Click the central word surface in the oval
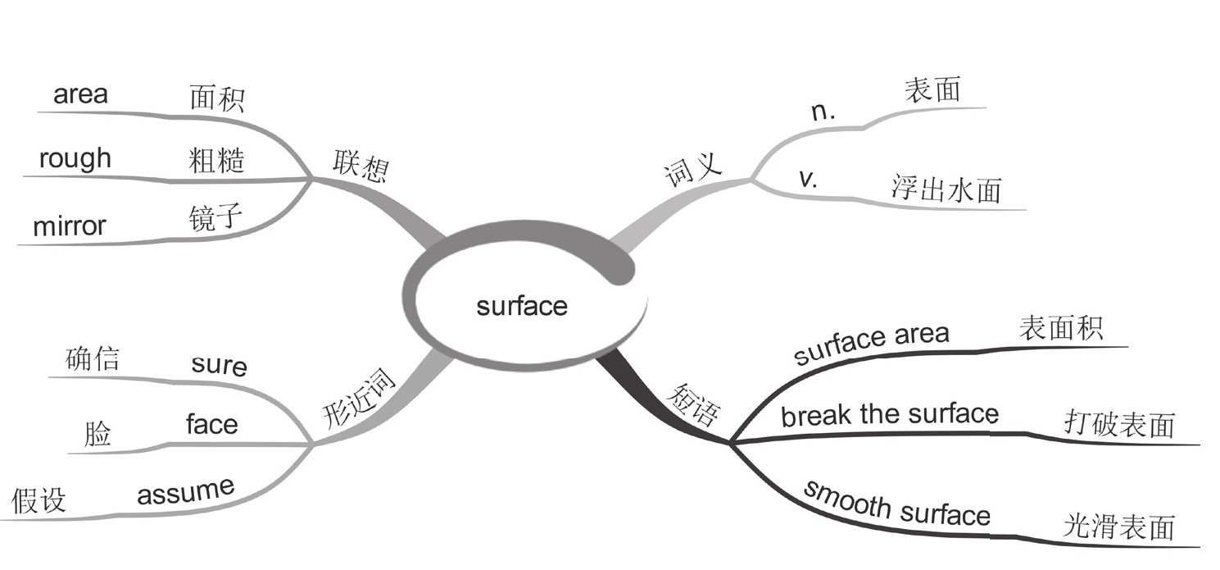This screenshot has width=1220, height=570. pyautogui.click(x=522, y=307)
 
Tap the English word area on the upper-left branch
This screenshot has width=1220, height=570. pyautogui.click(x=80, y=94)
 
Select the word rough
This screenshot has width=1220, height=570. pyautogui.click(x=75, y=158)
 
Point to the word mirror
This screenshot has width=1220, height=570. pyautogui.click(x=70, y=226)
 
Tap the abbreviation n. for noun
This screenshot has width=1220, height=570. pyautogui.click(x=823, y=113)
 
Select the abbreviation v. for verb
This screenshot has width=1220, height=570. pyautogui.click(x=808, y=180)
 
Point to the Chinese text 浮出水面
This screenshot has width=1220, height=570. pyautogui.click(x=946, y=189)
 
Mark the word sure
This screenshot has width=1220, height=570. pyautogui.click(x=219, y=363)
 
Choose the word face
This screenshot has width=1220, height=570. pyautogui.click(x=211, y=424)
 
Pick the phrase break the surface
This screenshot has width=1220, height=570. pyautogui.click(x=889, y=415)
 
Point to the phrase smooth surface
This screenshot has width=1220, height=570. pyautogui.click(x=896, y=504)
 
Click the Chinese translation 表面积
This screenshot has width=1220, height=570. pyautogui.click(x=1060, y=328)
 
